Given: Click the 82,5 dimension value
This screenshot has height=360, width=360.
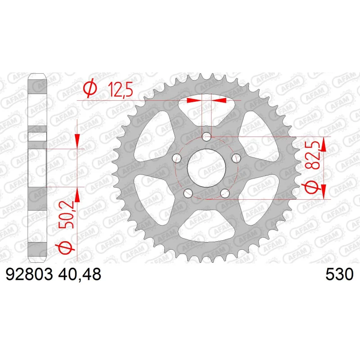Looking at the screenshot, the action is [x=313, y=155].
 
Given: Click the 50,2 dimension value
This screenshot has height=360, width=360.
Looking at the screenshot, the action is [x=66, y=215].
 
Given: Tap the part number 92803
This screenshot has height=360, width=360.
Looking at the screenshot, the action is [x=29, y=274].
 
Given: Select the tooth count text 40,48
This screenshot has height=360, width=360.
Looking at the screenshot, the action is [x=80, y=274].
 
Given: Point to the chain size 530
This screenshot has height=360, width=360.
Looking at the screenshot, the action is [x=340, y=274].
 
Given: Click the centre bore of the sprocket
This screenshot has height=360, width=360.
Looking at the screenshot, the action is [x=207, y=168].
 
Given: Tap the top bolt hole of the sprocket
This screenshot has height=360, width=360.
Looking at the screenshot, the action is [x=207, y=137].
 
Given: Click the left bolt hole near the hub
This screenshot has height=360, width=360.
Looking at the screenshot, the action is [x=177, y=158].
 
